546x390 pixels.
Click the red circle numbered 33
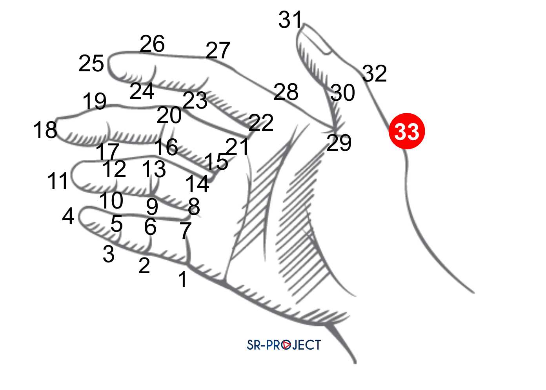click(407, 131)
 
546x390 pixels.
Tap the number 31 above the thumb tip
click(290, 20)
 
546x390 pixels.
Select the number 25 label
click(91, 63)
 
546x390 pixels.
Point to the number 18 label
click(45, 130)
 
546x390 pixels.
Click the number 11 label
click(57, 181)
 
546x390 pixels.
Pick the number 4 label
click(68, 216)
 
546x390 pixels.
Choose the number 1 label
click(182, 279)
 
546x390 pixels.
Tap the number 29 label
click(339, 143)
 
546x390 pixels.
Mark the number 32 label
click(375, 73)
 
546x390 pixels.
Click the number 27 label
click(218, 51)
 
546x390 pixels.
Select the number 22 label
click(261, 123)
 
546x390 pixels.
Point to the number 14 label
click(197, 183)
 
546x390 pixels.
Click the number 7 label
click(186, 230)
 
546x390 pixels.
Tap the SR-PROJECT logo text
click(284, 345)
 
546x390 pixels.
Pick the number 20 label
click(169, 115)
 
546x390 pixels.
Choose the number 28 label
click(286, 92)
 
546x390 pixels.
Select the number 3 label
click(109, 254)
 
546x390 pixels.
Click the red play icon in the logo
click(287, 345)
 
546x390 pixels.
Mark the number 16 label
click(166, 147)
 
